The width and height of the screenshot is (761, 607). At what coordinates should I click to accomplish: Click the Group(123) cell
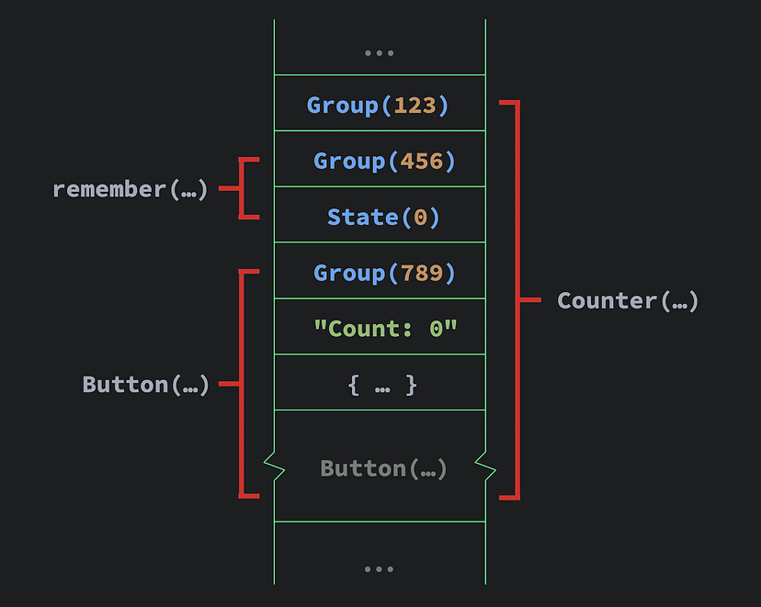click(379, 105)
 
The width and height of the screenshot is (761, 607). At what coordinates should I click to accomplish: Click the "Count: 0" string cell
click(384, 328)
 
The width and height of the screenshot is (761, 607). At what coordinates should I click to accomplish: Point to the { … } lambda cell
click(382, 385)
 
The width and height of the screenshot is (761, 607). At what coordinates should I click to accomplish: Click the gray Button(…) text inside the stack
click(383, 468)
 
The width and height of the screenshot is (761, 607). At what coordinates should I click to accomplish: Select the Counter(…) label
click(628, 300)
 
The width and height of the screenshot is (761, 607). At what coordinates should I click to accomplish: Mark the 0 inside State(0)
click(420, 217)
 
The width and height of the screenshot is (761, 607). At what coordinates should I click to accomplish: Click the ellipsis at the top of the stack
click(379, 52)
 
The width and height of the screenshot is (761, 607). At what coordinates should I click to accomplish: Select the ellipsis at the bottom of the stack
click(379, 569)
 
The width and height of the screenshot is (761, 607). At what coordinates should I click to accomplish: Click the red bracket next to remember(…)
click(242, 189)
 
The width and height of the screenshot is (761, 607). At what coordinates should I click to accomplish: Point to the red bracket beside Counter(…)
click(517, 300)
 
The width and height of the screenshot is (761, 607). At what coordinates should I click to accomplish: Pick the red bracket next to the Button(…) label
click(241, 384)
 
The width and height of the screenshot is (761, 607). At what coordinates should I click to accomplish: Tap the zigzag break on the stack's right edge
click(485, 467)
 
